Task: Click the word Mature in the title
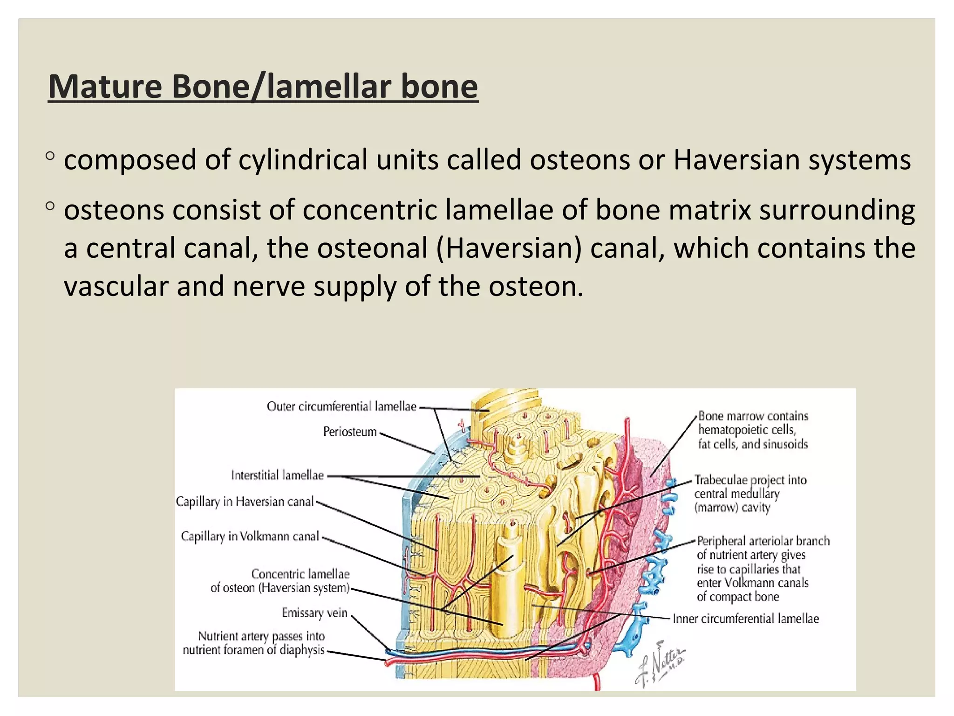[105, 87]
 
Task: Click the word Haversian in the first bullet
[736, 160]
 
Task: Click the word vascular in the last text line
[116, 286]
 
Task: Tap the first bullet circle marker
[50, 156]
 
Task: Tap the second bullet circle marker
[50, 206]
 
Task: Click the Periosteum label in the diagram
[350, 432]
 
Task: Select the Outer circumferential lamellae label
[341, 406]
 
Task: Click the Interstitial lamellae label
[278, 475]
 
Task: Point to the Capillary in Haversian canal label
[245, 502]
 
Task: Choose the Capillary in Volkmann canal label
[250, 537]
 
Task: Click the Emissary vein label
[314, 613]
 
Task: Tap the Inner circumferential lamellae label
[745, 619]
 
